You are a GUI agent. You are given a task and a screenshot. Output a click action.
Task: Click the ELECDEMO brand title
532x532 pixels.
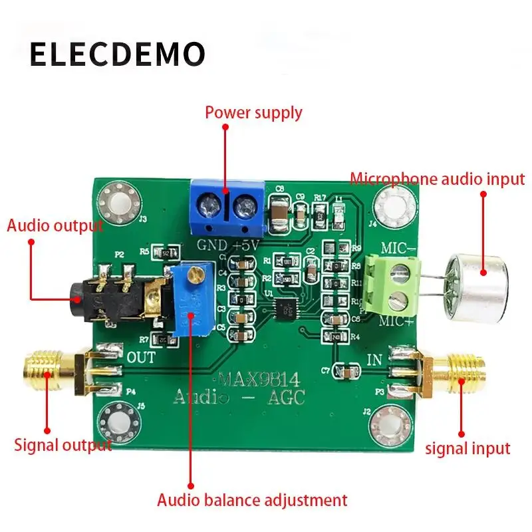(117, 55)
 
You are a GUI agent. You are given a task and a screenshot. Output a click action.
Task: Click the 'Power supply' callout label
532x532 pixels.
(253, 112)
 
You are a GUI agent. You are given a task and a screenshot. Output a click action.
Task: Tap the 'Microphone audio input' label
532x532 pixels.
(437, 179)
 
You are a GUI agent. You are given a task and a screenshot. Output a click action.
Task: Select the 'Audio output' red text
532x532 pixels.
(55, 225)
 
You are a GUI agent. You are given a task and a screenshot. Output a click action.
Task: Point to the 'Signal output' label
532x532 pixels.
(63, 445)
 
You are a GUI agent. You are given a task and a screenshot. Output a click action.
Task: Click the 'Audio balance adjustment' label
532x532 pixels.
(252, 499)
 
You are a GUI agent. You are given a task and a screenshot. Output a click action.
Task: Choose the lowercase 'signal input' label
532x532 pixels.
(467, 448)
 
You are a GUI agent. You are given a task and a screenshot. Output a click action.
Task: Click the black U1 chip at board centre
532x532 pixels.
(288, 307)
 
